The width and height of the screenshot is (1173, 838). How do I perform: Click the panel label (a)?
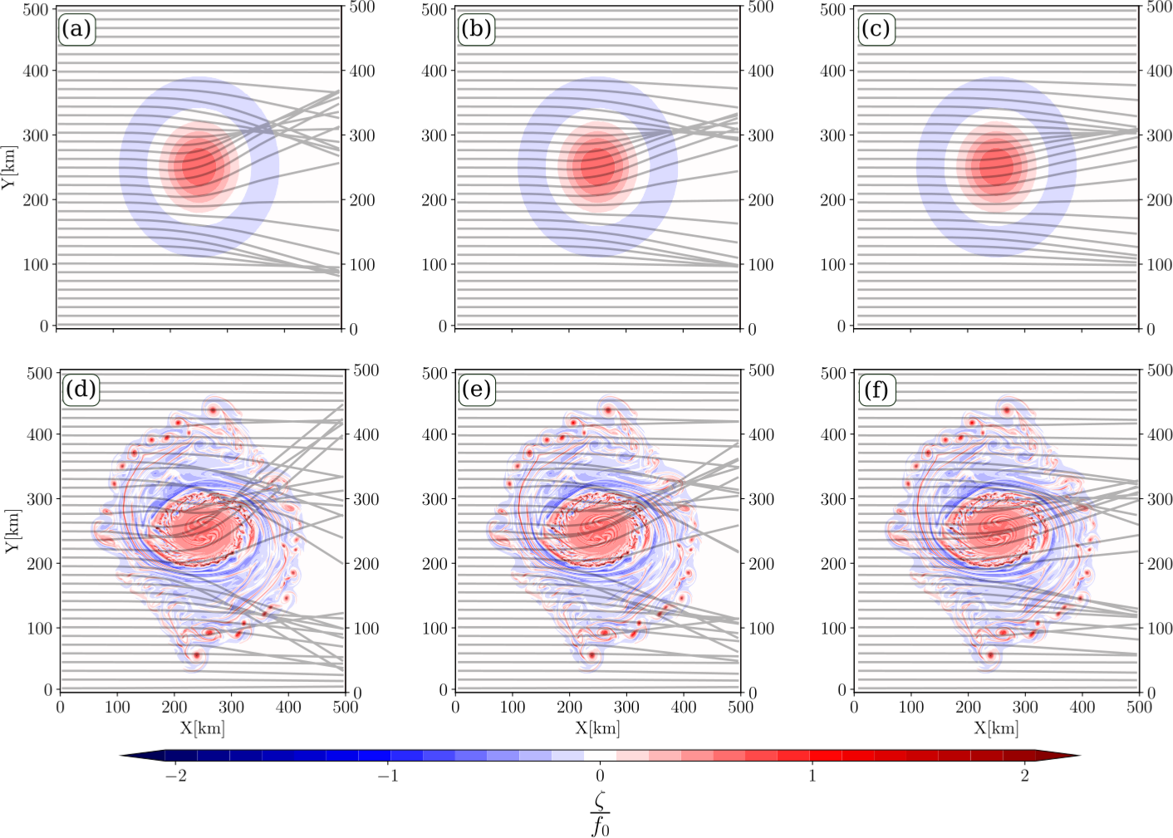point(76,30)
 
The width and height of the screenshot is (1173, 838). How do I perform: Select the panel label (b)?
point(476,30)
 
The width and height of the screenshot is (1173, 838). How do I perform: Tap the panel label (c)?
point(876,30)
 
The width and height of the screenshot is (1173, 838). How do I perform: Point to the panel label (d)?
point(80,390)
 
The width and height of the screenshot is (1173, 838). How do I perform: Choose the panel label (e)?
point(477,390)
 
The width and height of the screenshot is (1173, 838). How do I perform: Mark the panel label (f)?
point(876,390)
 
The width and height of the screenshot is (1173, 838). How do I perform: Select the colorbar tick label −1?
point(387,776)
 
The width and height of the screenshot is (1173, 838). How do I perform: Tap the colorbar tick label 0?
point(600,776)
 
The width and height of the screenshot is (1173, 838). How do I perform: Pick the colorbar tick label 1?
point(812,776)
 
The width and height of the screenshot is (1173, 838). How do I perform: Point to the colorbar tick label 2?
point(1024,776)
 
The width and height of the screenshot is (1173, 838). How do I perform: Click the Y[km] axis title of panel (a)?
point(9,167)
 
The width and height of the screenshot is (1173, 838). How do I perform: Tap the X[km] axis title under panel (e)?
point(597,728)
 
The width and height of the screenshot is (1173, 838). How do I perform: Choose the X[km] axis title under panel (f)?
point(996,728)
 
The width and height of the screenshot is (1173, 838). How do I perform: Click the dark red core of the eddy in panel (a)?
point(199,165)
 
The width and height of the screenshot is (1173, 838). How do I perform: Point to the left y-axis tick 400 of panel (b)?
point(434,71)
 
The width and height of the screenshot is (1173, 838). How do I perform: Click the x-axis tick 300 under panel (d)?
point(231,708)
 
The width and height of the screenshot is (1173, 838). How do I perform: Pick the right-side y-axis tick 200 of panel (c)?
point(1159,200)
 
